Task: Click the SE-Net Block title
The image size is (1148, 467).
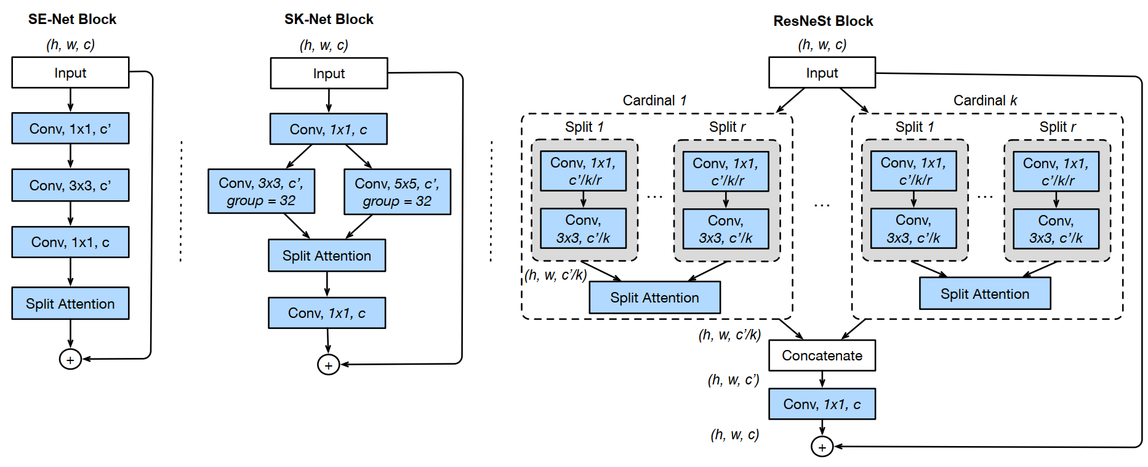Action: pos(72,19)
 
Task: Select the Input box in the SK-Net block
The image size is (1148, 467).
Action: pos(329,73)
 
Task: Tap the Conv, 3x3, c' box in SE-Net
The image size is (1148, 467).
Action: pos(70,185)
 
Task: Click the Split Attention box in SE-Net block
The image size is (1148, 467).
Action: pos(70,304)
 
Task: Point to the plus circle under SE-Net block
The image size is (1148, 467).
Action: pos(70,359)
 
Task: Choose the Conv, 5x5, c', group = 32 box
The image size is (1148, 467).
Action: pos(397,192)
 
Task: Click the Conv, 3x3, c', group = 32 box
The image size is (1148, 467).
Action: pos(261,192)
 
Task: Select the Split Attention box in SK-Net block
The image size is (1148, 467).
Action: pos(327,256)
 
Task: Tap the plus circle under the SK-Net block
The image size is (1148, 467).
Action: pos(328,365)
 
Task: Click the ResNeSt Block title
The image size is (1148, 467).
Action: pos(823,21)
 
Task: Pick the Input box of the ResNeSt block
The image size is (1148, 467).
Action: pos(822,73)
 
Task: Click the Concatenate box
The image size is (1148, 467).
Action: pos(822,355)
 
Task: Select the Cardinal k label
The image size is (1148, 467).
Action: pos(985,100)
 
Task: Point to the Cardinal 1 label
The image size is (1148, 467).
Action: pos(654,100)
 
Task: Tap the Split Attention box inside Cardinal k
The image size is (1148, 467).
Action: pos(984,294)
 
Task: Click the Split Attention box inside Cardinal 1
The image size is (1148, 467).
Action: pos(654,298)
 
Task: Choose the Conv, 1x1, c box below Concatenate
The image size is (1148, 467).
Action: pos(822,404)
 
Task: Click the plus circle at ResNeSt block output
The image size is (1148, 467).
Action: pos(822,447)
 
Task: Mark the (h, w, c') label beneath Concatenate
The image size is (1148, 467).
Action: pos(733,380)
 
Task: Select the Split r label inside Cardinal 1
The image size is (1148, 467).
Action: pos(727,127)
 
